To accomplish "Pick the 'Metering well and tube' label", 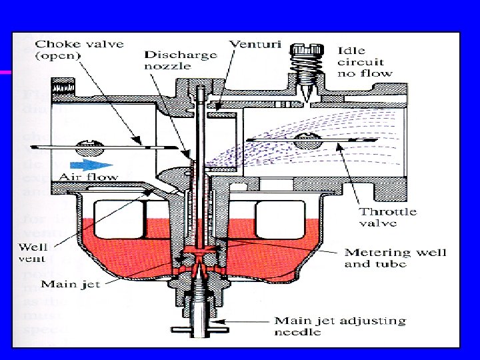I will click(x=395, y=258).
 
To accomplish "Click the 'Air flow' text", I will click(x=88, y=177).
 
